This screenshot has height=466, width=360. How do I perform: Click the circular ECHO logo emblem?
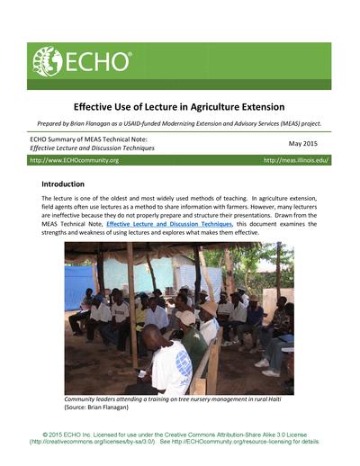(x=47, y=62)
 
